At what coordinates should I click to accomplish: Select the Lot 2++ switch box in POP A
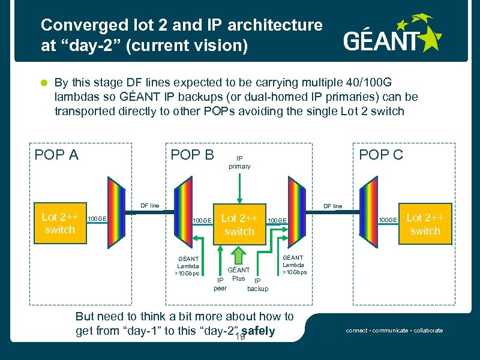[60, 223]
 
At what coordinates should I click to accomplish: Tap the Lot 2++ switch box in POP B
[239, 224]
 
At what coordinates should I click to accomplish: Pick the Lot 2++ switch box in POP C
[425, 224]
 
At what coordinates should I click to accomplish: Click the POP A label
[56, 155]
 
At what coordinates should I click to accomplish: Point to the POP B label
[193, 155]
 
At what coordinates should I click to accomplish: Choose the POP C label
[380, 155]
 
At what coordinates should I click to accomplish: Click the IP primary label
[239, 162]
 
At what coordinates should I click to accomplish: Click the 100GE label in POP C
[387, 221]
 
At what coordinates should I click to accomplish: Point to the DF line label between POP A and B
[150, 206]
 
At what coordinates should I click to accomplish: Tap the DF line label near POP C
[332, 206]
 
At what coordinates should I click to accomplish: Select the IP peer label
[220, 284]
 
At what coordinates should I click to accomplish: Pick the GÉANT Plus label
[238, 274]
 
